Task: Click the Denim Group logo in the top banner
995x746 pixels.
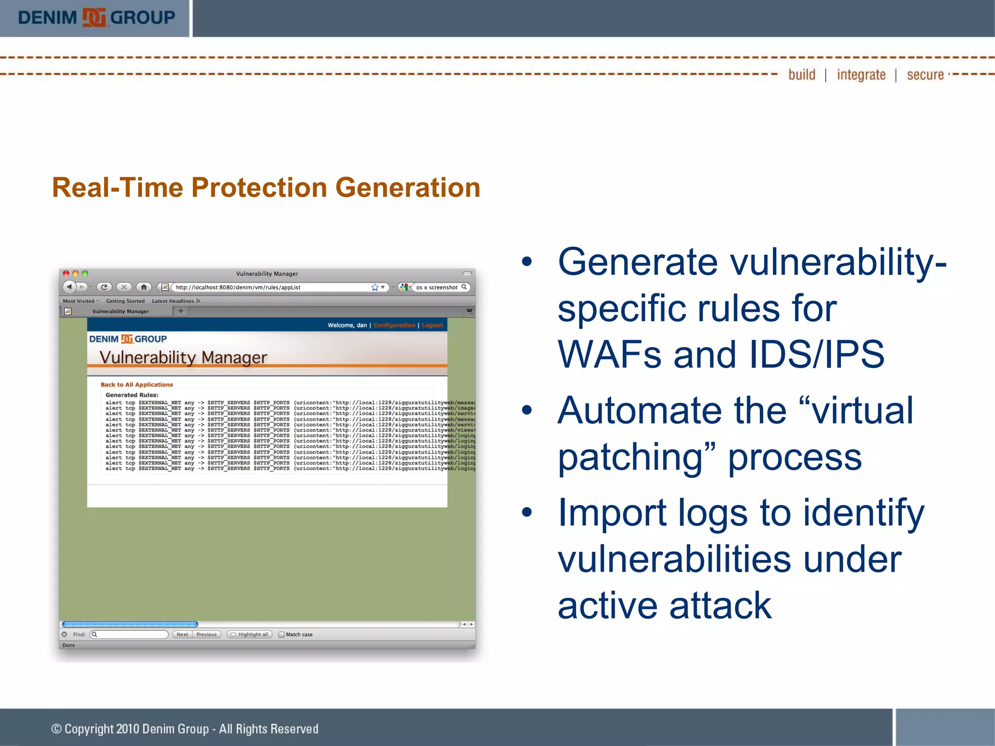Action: click(96, 18)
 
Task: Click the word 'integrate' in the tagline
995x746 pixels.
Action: click(861, 75)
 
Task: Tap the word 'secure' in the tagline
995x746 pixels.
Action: click(925, 75)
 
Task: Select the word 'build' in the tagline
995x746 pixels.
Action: click(802, 75)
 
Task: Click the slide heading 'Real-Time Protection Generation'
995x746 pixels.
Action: click(266, 187)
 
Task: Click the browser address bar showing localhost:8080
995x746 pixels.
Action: click(272, 288)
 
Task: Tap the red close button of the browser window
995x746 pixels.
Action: click(66, 274)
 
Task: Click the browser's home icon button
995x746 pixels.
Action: click(144, 287)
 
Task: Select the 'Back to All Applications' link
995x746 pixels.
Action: click(137, 385)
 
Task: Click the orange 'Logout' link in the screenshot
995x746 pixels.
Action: click(432, 325)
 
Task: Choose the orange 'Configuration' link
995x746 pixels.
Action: click(394, 325)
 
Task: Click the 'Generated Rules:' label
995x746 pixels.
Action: click(132, 395)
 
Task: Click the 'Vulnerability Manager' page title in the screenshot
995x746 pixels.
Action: click(183, 357)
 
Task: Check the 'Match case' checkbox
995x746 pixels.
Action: click(281, 635)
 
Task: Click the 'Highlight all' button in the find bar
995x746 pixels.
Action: click(250, 635)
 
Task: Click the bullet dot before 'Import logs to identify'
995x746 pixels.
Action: click(527, 512)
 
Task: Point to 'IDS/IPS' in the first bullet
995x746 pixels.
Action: click(816, 355)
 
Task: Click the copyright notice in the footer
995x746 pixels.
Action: click(185, 729)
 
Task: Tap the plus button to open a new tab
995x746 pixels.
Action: click(181, 311)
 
